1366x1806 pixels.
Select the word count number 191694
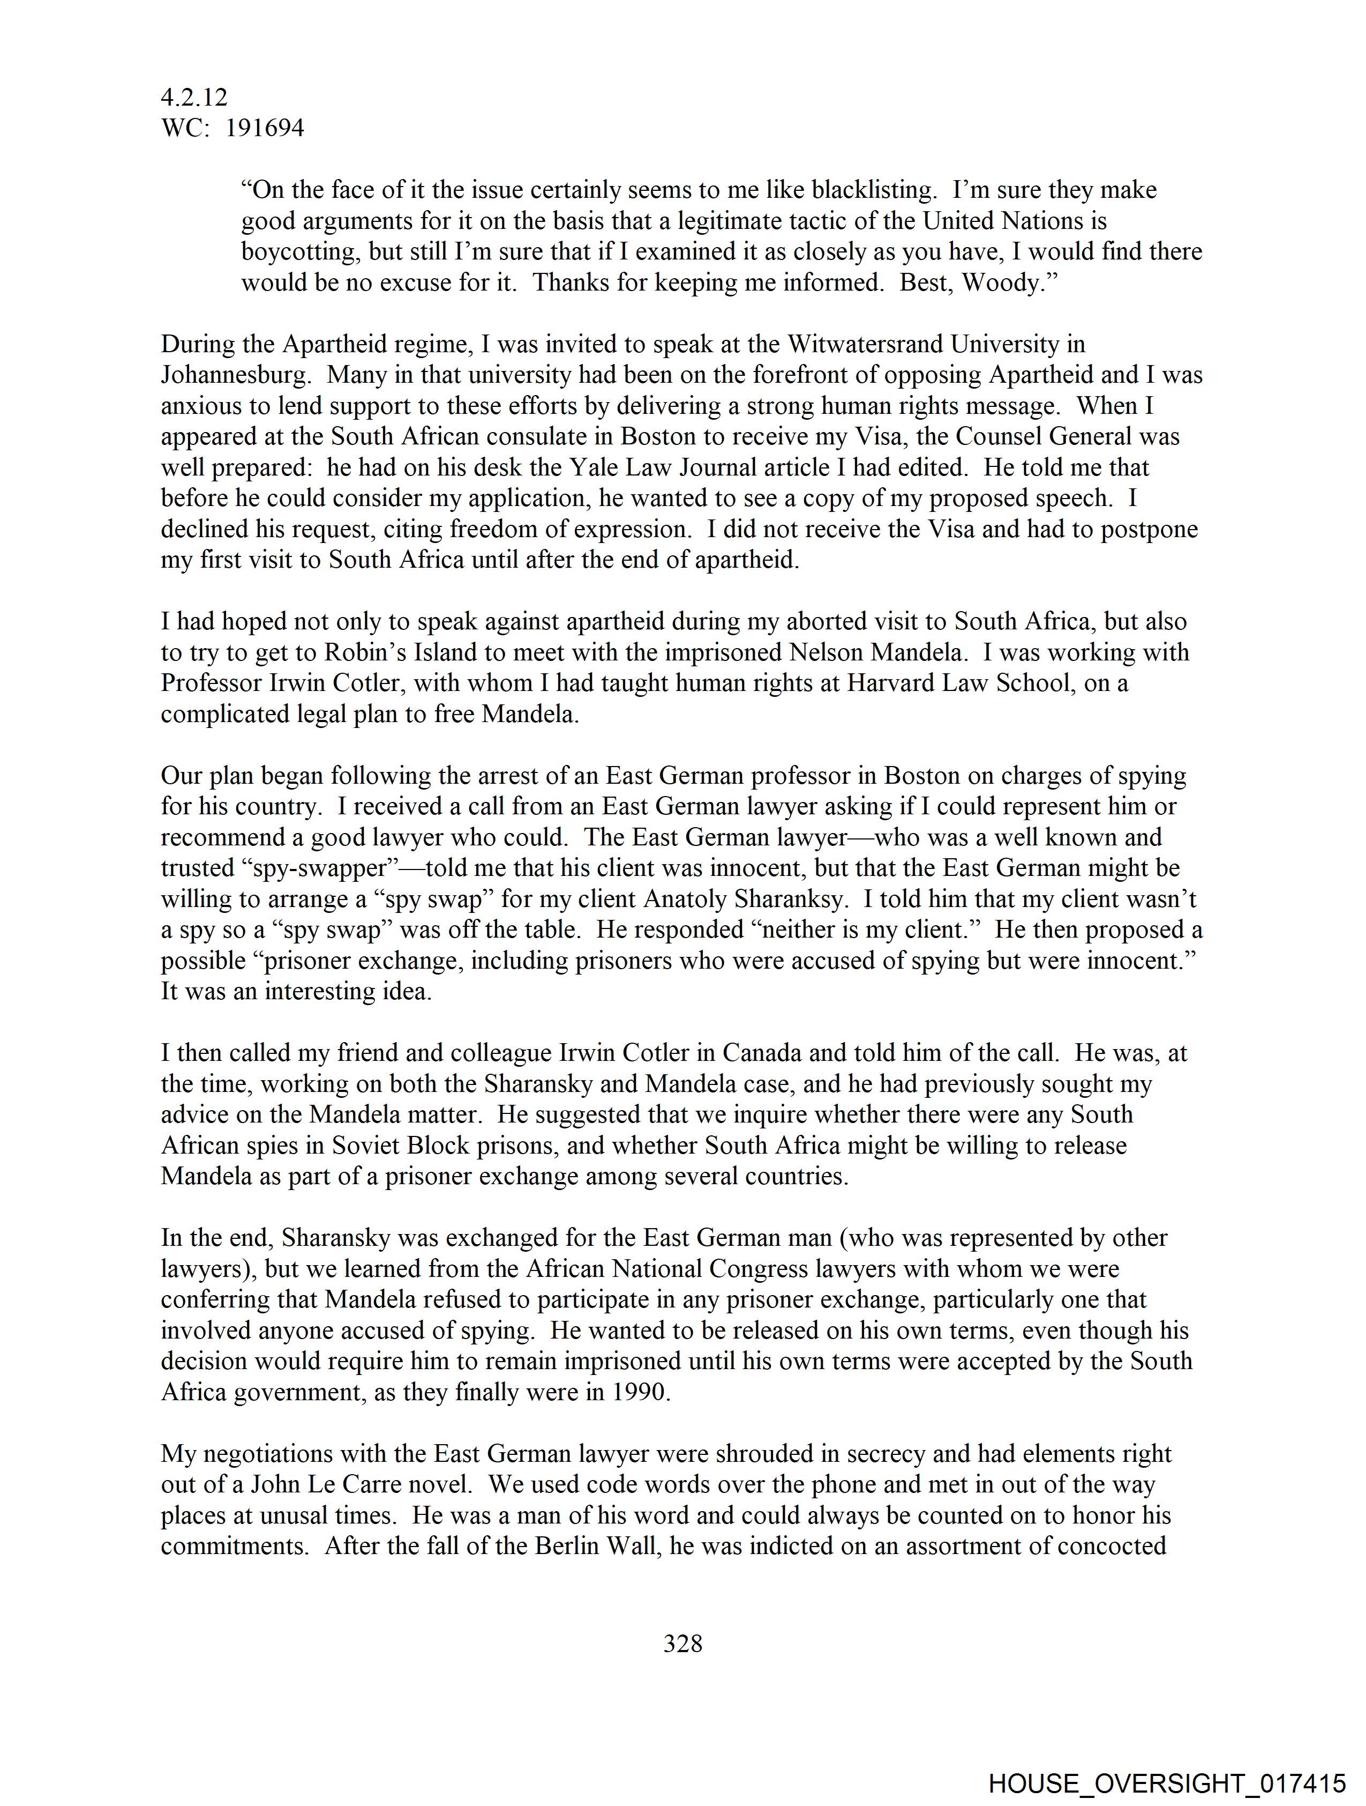(x=265, y=128)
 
